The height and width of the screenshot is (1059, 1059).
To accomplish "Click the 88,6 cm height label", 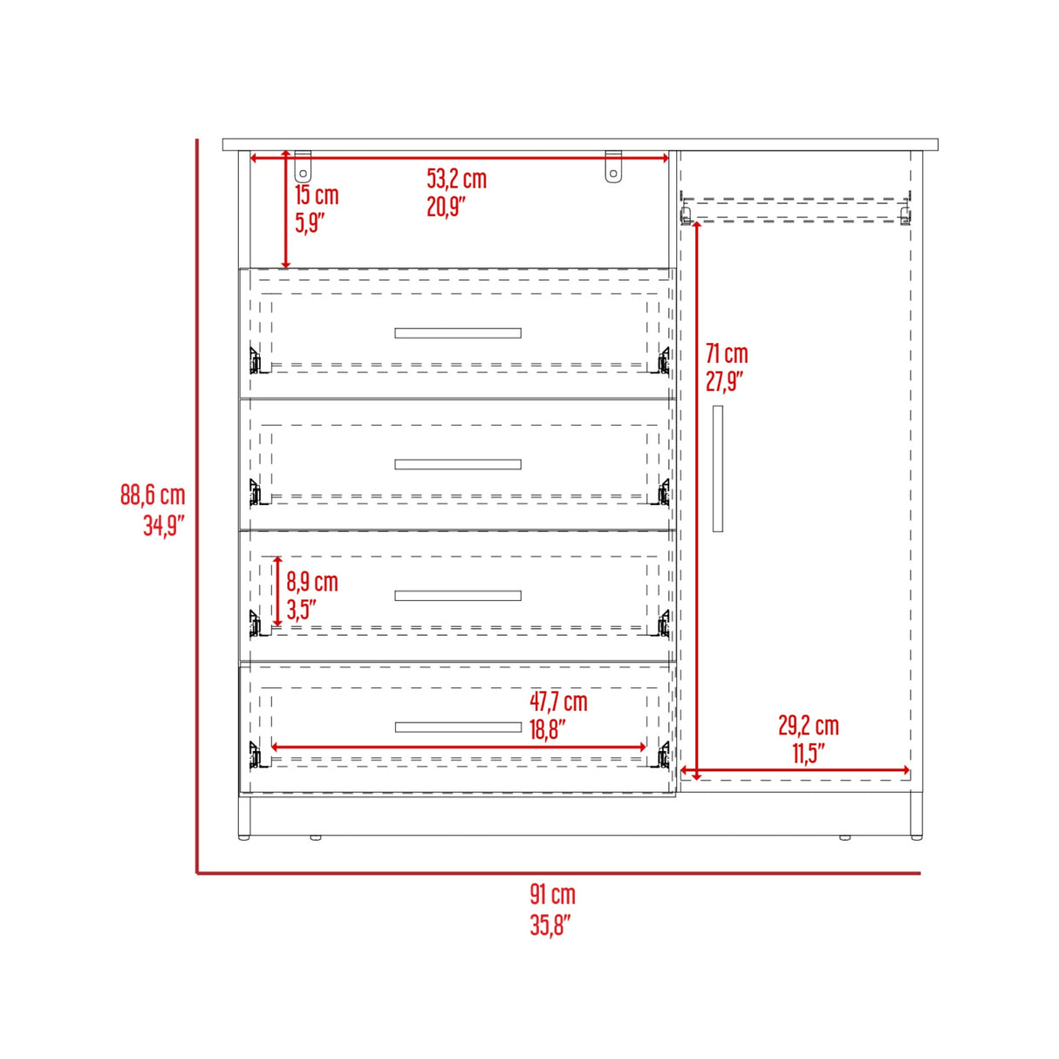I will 153,495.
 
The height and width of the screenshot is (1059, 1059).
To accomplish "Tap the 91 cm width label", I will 552,894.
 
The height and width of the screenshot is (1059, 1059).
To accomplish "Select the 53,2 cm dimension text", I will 456,179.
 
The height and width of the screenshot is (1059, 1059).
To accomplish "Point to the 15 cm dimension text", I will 316,195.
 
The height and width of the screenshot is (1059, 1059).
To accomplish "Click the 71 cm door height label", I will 727,354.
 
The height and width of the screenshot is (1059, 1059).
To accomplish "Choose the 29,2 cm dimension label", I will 808,726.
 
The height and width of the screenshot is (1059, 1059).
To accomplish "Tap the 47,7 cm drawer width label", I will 558,701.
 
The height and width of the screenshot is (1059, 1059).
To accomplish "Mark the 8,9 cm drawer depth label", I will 312,582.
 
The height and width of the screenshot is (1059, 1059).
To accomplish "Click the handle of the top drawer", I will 458,333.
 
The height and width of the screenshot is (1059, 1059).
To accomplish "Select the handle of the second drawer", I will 458,465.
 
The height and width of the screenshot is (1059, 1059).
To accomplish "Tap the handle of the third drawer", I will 458,596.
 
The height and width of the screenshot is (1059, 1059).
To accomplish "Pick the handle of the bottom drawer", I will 458,728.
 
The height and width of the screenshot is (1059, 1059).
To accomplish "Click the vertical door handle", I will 718,468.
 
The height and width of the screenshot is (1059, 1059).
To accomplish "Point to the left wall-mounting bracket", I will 303,167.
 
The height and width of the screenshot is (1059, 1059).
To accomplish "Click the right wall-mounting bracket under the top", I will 613,167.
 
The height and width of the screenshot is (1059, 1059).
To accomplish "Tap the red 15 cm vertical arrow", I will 286,209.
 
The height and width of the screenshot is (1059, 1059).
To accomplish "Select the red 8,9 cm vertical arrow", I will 277,591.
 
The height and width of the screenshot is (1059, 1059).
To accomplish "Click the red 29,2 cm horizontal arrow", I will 795,771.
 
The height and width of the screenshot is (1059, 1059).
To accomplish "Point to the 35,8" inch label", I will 550,925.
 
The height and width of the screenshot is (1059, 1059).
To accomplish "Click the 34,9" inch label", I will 164,526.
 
